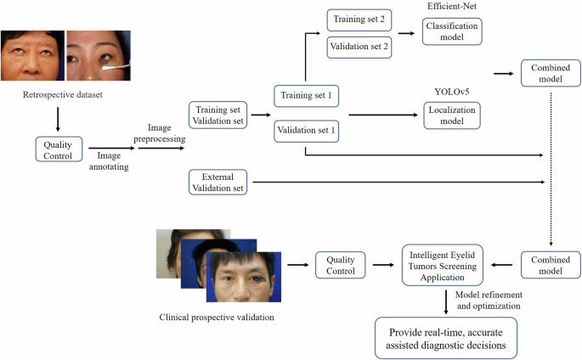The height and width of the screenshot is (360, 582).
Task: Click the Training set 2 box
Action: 359,18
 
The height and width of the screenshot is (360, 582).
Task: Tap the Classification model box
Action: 450,32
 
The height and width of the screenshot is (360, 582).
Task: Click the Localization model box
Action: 451,115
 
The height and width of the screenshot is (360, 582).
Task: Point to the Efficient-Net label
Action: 451,6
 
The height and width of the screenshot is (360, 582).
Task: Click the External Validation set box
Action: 218,181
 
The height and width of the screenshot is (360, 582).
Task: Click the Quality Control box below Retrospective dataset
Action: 58,149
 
